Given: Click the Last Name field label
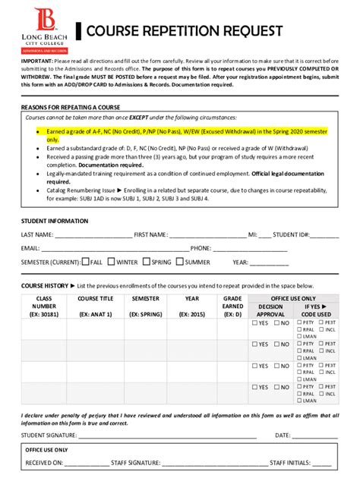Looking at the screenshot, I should [x=37, y=234].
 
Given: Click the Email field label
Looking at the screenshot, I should [x=30, y=248].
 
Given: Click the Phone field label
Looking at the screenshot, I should [x=201, y=248].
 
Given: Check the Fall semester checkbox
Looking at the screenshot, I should [x=86, y=262].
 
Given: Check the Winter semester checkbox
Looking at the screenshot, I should [x=112, y=262].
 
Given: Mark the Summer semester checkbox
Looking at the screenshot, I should [x=180, y=262].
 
